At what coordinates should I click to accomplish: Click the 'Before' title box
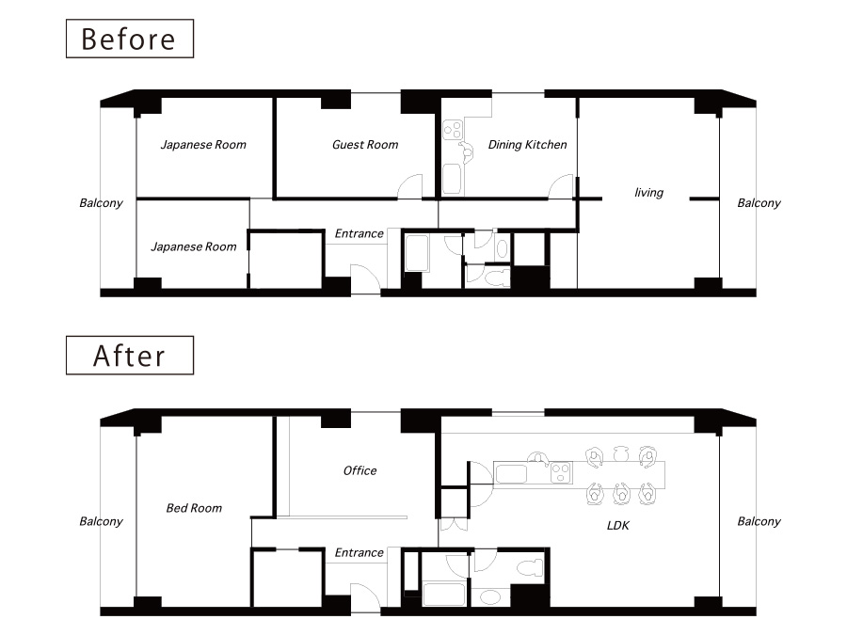point(130,39)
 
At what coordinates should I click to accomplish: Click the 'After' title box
point(130,356)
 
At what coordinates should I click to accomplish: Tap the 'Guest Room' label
point(365,145)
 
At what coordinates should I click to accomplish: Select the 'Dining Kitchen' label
point(528,145)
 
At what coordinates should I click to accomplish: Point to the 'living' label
point(648,193)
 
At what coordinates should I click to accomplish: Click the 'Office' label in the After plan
point(360,471)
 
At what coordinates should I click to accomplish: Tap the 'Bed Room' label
point(194,508)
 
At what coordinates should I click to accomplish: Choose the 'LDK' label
point(618,525)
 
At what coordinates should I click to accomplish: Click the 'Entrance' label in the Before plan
point(360,234)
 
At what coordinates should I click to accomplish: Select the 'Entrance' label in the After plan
point(360,553)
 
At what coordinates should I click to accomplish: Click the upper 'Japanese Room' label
point(203,145)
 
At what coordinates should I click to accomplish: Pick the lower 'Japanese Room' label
point(194,247)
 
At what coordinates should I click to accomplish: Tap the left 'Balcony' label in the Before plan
point(101,203)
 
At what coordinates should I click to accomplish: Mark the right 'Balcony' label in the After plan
point(759,522)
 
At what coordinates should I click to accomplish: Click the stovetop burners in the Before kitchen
point(453,130)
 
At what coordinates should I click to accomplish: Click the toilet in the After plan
point(530,568)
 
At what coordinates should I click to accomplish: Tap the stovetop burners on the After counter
point(561,473)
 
